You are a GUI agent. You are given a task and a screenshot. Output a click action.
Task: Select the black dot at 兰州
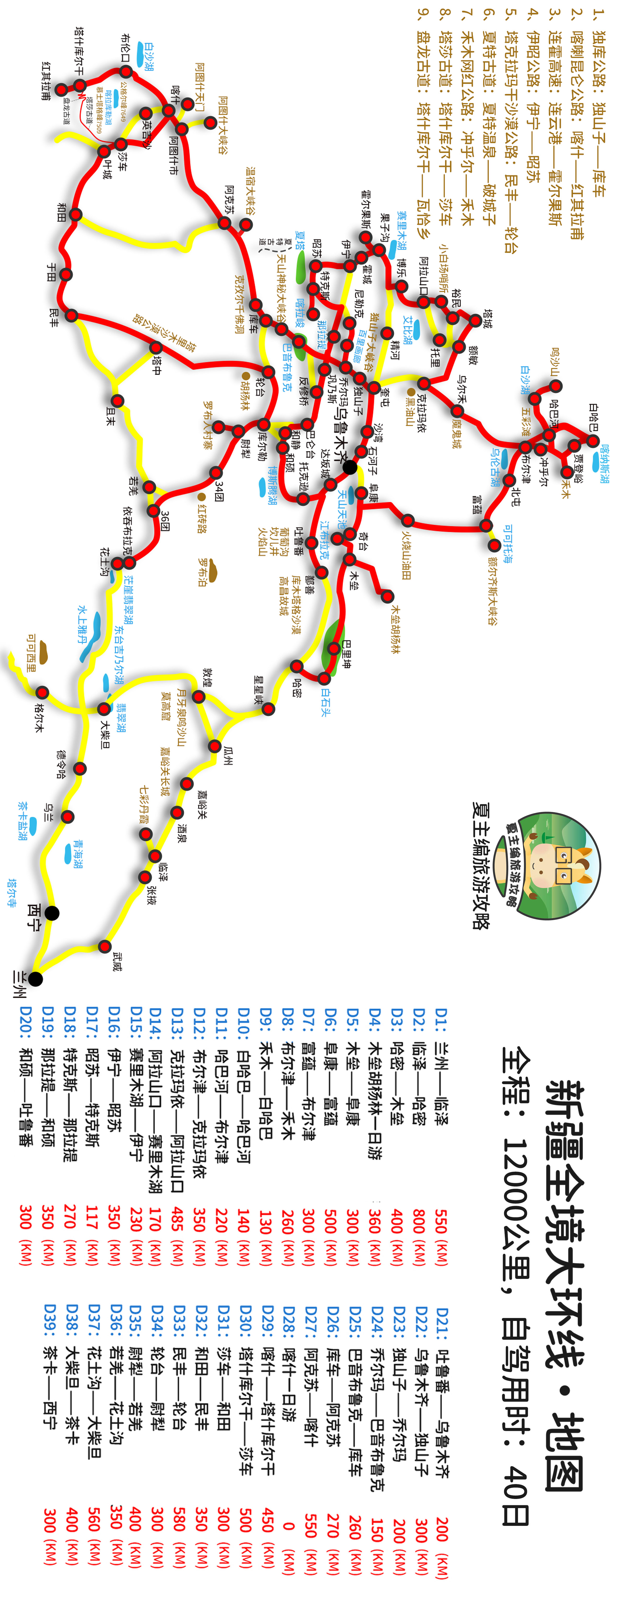(x=36, y=979)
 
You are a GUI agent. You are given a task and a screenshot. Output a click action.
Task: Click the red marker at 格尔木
(x=42, y=693)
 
